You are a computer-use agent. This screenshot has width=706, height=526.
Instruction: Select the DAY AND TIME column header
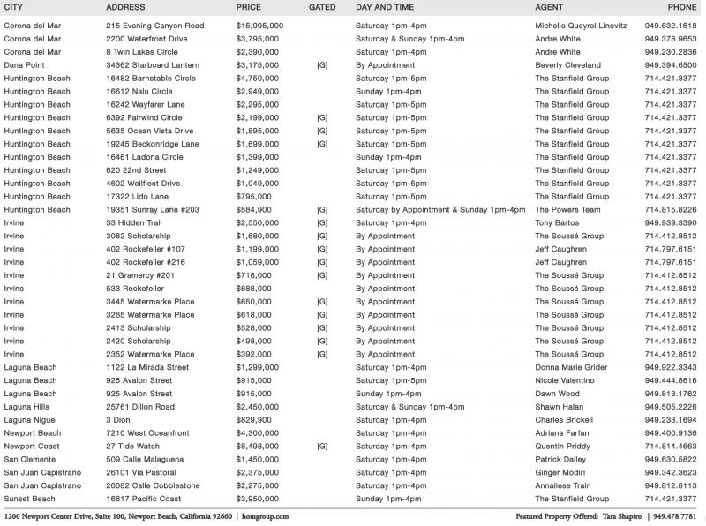387,7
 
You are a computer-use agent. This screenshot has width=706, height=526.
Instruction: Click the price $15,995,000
259,26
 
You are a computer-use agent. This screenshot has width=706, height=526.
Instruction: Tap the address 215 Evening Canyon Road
154,26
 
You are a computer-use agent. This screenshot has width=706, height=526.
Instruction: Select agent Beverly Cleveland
567,65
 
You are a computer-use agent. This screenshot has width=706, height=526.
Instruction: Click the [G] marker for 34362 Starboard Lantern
322,65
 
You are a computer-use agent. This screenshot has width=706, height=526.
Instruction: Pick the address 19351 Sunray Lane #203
153,210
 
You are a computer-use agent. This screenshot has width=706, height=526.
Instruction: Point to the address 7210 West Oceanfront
147,433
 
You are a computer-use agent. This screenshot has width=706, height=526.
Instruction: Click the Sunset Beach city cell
30,500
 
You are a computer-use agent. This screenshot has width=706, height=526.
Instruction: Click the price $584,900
254,210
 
